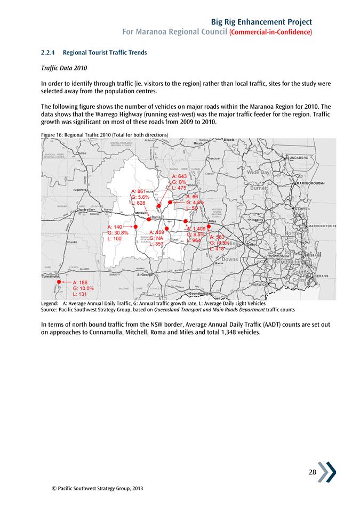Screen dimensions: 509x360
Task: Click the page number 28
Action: click(314, 472)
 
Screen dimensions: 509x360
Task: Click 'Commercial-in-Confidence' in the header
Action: click(270, 32)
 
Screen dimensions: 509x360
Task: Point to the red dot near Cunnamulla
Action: click(59, 281)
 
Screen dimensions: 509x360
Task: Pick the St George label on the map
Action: click(146, 274)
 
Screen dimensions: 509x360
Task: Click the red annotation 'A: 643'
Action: click(179, 176)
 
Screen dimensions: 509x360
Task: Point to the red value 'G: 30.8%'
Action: click(118, 233)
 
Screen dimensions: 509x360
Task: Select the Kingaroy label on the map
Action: click(260, 219)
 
